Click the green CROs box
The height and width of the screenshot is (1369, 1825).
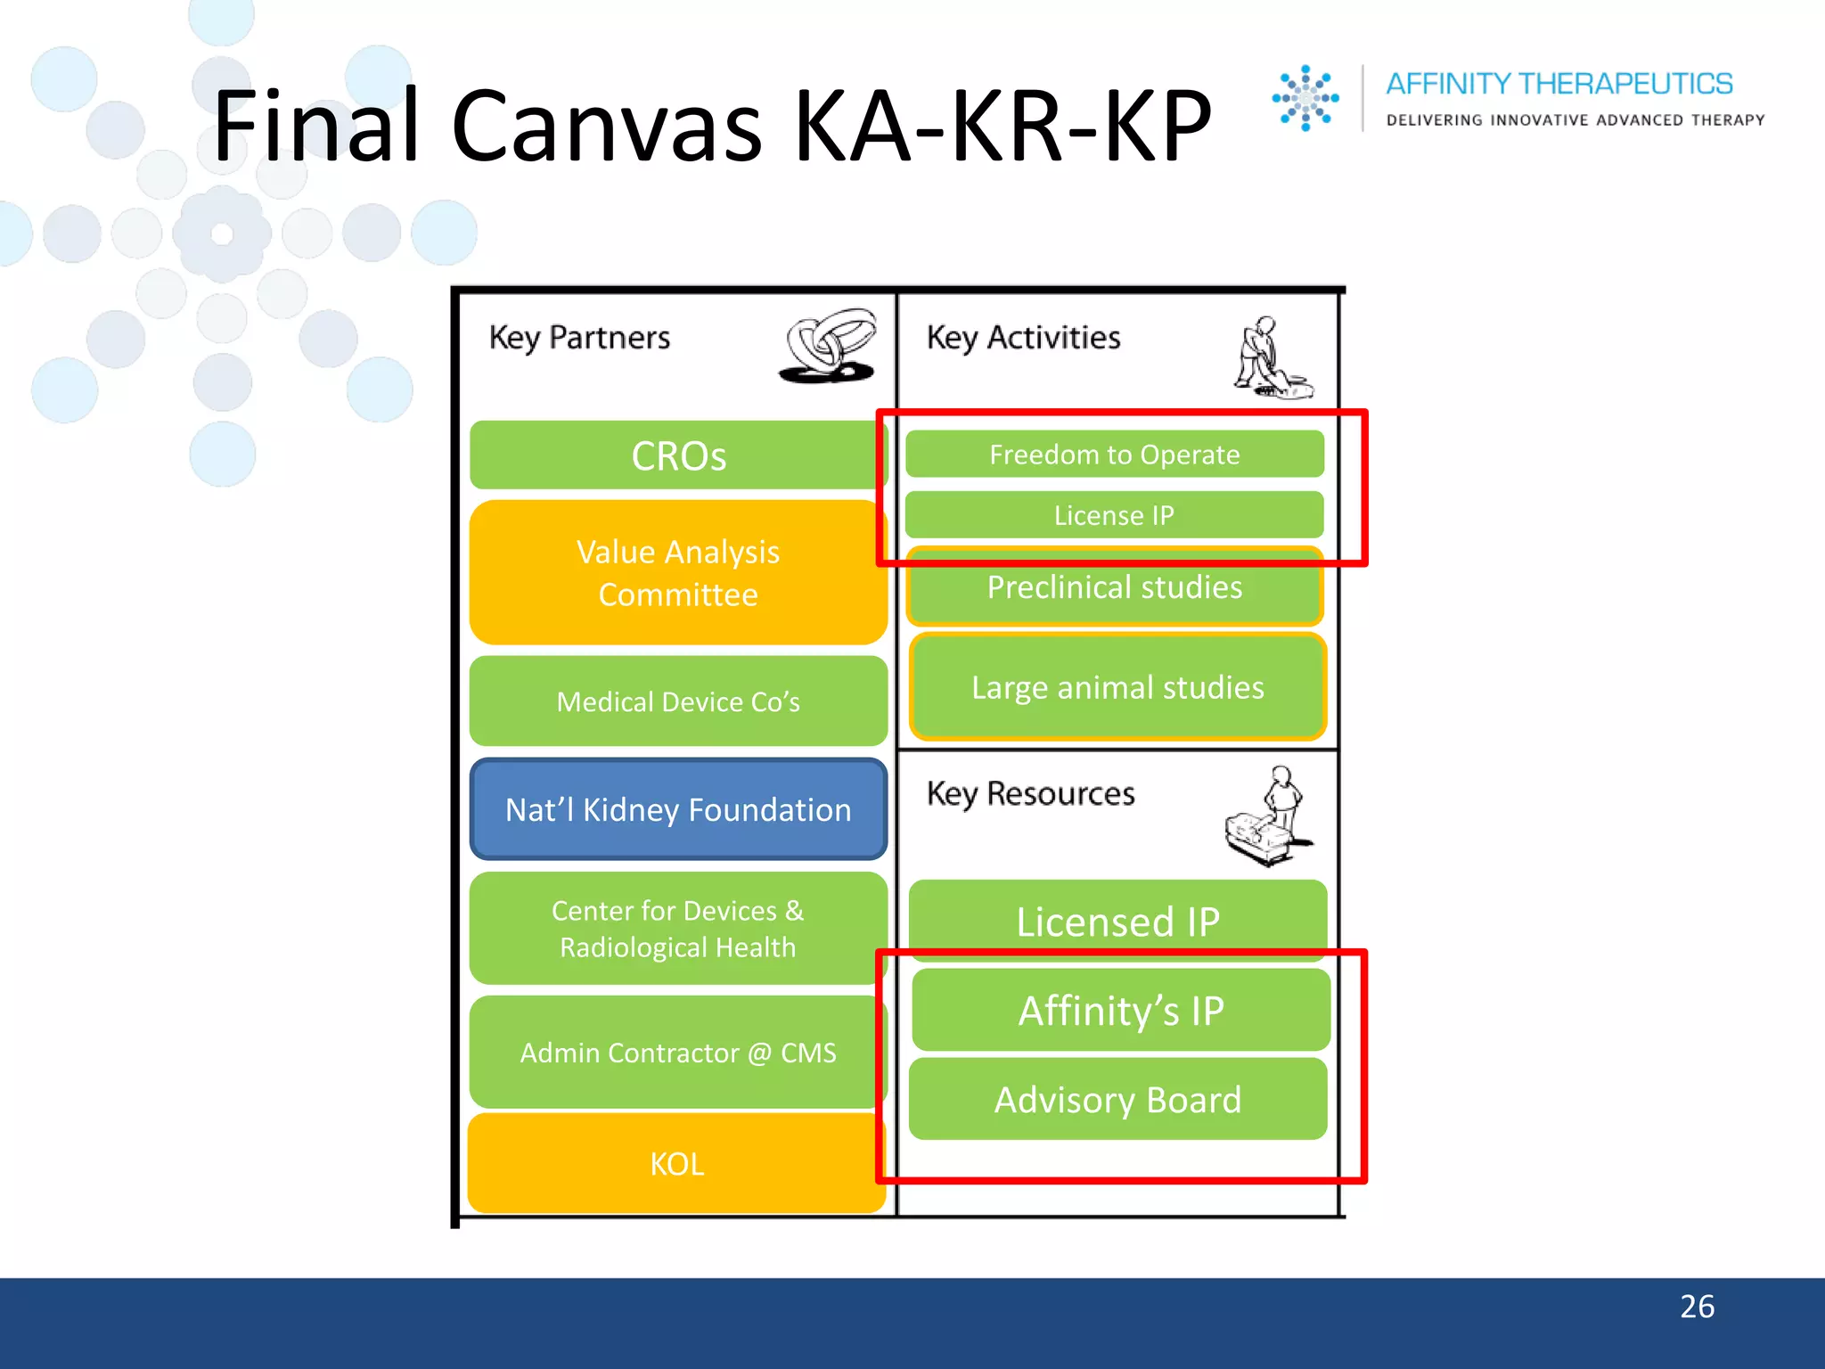(677, 455)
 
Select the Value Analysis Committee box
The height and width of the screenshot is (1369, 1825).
(677, 573)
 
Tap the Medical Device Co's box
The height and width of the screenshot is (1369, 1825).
(677, 701)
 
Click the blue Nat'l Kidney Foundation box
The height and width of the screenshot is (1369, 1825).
(677, 809)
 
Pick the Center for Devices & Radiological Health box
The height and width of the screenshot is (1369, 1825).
(677, 929)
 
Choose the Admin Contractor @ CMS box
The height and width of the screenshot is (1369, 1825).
(677, 1053)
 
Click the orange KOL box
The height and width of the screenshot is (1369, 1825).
(677, 1164)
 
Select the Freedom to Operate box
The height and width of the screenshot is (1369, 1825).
(1114, 455)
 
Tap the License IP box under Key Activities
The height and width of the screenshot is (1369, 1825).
(1114, 515)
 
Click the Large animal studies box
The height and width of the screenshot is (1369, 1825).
(1117, 688)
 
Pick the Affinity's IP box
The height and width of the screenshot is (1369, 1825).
(1121, 1011)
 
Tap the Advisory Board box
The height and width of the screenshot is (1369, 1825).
(1117, 1100)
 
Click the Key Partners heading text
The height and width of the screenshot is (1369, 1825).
(579, 338)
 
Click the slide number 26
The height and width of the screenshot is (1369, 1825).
(1697, 1307)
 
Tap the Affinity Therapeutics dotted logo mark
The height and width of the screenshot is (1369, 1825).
(1305, 98)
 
